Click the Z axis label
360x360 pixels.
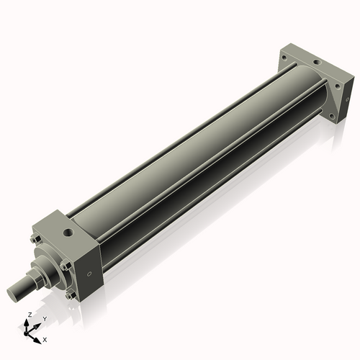point(28,315)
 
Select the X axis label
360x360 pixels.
point(45,338)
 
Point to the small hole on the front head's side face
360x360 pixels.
point(89,274)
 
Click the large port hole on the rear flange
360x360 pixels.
point(315,63)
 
